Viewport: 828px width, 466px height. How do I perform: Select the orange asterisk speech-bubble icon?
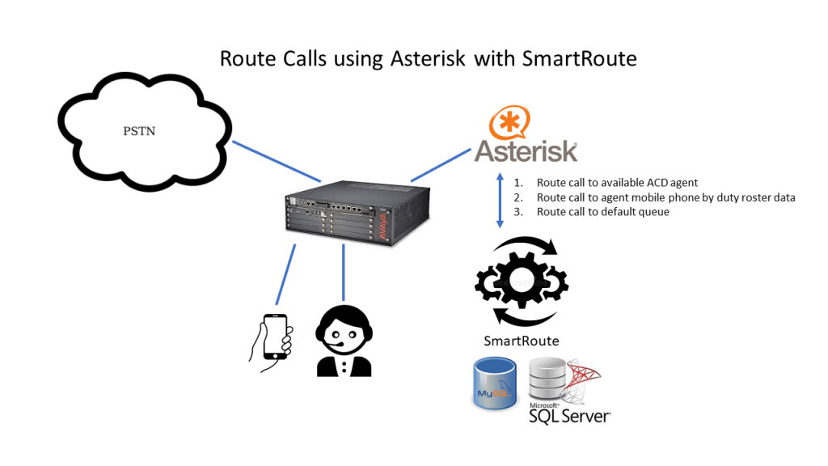(x=509, y=123)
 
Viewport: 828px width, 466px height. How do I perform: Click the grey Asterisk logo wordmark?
(x=526, y=150)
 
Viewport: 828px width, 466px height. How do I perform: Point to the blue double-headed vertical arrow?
(x=501, y=198)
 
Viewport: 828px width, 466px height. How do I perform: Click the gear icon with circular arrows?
(x=522, y=281)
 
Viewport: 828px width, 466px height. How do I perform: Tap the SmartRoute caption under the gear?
(x=521, y=341)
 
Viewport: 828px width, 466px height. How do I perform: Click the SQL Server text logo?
(x=569, y=415)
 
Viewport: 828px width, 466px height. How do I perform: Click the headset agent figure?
(x=344, y=341)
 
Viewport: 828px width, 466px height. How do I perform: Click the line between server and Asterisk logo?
(x=441, y=164)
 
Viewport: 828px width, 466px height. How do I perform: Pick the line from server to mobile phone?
(x=285, y=275)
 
